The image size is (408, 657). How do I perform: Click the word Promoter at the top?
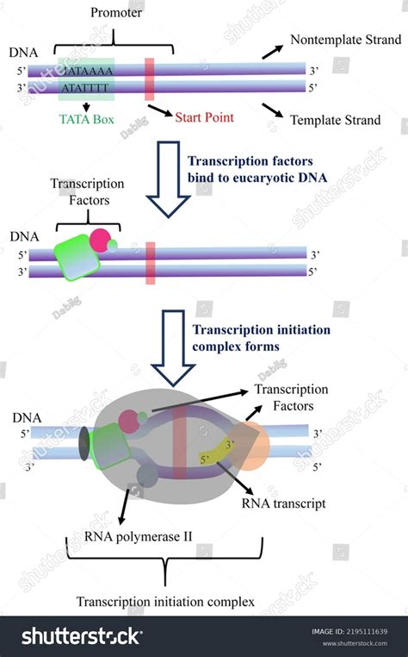click(117, 14)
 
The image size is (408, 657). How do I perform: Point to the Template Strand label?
click(335, 120)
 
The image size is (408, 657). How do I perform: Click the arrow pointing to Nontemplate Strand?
click(271, 51)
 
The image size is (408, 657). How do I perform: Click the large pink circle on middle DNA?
click(102, 239)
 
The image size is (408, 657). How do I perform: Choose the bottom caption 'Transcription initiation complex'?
click(165, 602)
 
